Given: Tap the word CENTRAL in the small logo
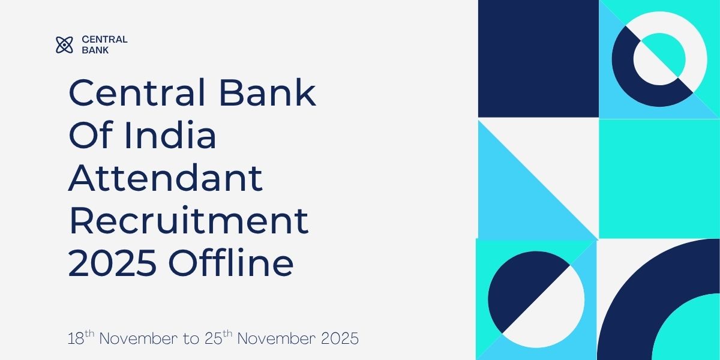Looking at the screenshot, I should click(x=104, y=40).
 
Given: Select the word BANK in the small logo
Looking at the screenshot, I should click(x=95, y=50).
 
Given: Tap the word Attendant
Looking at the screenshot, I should click(x=165, y=178).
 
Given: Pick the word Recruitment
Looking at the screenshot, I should click(x=188, y=221).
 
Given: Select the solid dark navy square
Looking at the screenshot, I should click(x=538, y=58).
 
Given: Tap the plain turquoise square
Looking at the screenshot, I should click(x=659, y=178).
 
